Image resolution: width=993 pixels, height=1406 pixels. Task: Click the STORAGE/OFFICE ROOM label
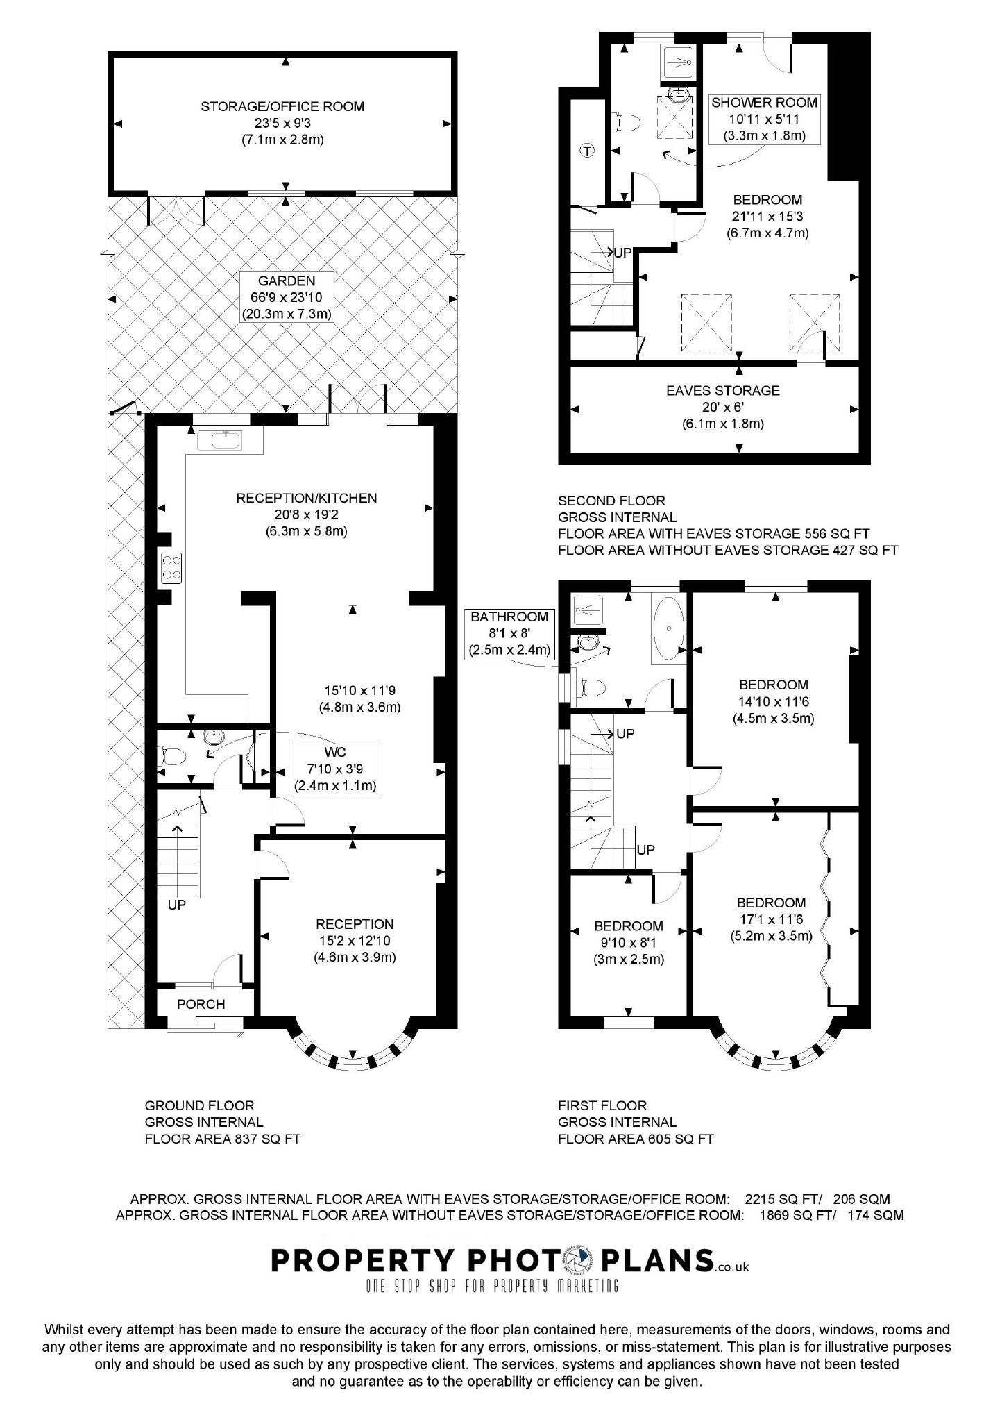[282, 107]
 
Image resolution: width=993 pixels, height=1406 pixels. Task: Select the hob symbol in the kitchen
[171, 567]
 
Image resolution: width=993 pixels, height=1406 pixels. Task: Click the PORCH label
[201, 1004]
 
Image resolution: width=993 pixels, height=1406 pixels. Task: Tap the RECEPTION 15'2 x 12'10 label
[354, 940]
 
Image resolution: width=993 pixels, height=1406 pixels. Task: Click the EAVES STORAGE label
[722, 391]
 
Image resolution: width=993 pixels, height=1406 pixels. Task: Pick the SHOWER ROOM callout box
[764, 119]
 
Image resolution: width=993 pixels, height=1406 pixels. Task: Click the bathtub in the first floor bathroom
[668, 628]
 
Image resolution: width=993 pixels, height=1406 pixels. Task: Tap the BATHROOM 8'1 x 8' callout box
[509, 633]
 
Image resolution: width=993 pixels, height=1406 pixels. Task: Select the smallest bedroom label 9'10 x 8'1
[628, 942]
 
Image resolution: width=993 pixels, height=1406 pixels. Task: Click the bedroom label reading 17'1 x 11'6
[771, 919]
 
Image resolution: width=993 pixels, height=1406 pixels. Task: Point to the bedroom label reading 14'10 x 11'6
[773, 701]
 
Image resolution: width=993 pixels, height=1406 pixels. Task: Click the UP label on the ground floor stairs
[177, 905]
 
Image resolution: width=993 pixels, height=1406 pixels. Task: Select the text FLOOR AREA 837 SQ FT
[222, 1139]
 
